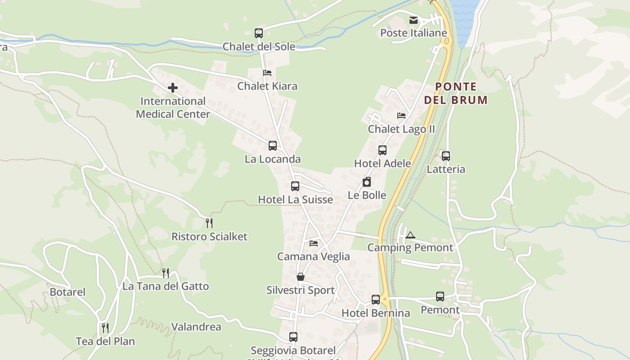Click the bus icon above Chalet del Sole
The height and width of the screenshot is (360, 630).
259,33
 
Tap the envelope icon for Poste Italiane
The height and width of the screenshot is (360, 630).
413,20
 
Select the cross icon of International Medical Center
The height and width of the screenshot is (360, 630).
173,88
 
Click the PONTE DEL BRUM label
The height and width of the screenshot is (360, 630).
456,93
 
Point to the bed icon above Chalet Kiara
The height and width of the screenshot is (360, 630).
267,72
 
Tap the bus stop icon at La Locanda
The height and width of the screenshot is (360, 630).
273,145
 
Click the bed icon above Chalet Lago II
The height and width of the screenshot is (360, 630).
401,116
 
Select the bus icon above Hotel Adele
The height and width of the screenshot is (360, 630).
382,150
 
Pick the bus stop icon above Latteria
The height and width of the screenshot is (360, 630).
446,156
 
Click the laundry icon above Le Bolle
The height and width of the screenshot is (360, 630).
367,182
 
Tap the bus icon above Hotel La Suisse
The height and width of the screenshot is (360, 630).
295,186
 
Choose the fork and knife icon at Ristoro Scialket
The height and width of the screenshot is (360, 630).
209,223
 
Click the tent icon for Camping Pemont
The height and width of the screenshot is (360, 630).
410,235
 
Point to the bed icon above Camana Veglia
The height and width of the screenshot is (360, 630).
314,243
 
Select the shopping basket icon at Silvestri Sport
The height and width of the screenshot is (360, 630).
301,277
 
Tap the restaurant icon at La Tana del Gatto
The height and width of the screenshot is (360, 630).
166,273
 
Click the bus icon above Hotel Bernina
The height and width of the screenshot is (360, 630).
376,299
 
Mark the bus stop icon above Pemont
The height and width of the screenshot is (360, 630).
440,297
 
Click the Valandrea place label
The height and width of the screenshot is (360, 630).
196,327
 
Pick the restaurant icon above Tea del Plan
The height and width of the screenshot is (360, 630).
105,328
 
